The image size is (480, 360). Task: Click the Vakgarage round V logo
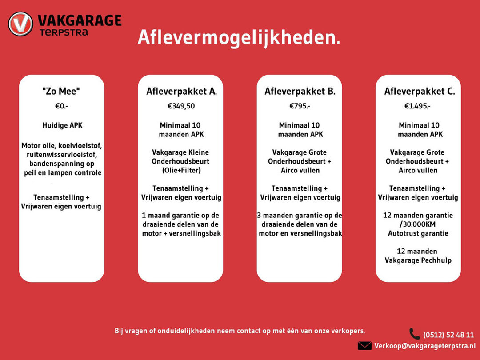coord(20,24)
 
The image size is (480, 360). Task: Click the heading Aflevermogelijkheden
coord(239,37)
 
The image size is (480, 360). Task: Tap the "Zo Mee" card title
coord(61,92)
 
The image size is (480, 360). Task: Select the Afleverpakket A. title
coord(181,92)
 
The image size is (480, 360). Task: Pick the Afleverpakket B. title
coord(300,92)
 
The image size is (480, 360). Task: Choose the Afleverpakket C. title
coord(419,92)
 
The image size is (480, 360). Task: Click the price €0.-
coord(61,106)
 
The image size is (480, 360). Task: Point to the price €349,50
coord(181,106)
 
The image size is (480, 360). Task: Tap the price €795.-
coord(300,106)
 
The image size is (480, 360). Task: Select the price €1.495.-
coord(417,106)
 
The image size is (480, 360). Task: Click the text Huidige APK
coord(62,125)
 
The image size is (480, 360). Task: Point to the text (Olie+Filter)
coord(180,170)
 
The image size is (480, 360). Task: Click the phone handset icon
coord(414,334)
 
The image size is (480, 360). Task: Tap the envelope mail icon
coord(364,346)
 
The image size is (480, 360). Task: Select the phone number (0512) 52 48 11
coord(448,335)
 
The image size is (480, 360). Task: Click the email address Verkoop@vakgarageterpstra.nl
coord(424,346)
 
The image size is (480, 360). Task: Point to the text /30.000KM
coord(417,224)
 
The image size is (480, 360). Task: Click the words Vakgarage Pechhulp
coord(418,260)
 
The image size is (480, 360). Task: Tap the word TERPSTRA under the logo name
coord(64,32)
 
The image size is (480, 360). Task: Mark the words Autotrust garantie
coord(418,233)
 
